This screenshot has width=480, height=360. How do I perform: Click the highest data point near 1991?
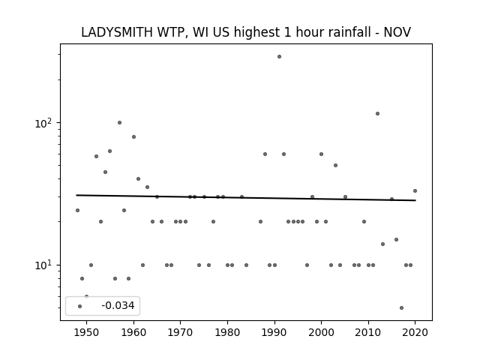pos(279,57)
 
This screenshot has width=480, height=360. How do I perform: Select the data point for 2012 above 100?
pos(377,113)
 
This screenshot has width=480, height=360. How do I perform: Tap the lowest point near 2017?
pos(401,308)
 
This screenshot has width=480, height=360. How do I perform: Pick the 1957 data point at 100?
pos(119,123)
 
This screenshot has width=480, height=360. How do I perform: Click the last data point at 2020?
pos(415,191)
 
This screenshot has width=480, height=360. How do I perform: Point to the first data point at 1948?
pos(77,210)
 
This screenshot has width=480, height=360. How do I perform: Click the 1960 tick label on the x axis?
pos(133,332)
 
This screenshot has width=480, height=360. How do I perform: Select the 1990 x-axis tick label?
pos(274,332)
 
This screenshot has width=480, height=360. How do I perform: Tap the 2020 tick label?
pos(415,332)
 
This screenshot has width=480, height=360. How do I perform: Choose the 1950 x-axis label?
pos(87,332)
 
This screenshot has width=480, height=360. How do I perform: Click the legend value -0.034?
pos(118,305)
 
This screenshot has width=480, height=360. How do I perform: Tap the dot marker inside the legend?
pos(79,307)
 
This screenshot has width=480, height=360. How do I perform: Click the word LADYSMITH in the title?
pos(117,32)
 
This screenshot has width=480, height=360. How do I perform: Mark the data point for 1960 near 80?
pos(133,136)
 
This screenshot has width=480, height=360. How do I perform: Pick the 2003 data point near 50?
pos(335,165)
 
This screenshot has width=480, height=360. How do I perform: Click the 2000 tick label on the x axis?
pos(321,332)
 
